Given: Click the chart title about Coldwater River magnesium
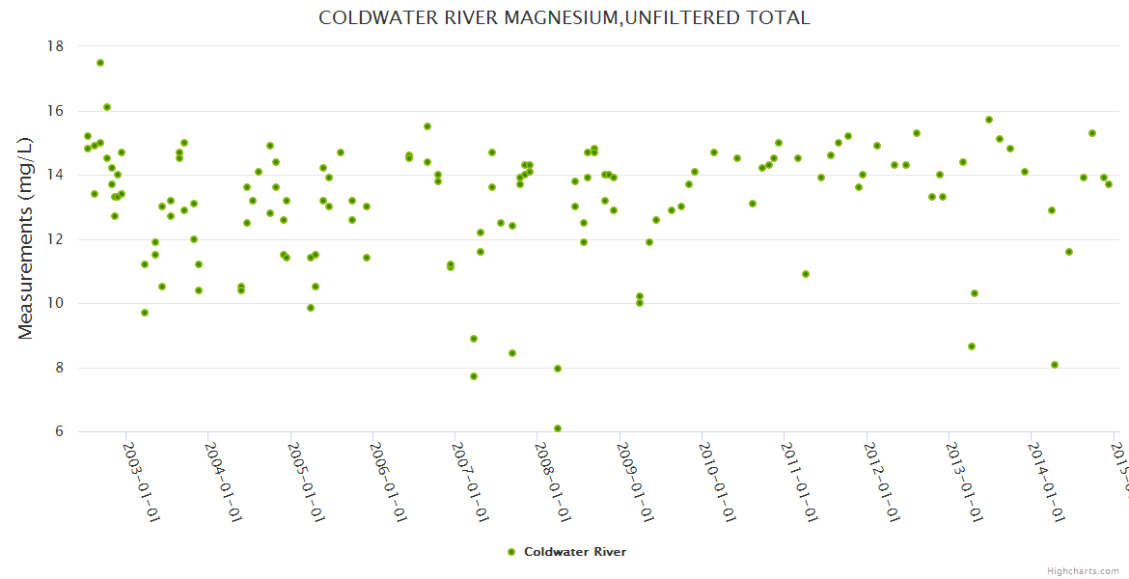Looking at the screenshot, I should click(564, 17).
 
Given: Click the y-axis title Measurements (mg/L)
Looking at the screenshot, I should click(26, 237).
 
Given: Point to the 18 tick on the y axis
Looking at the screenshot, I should click(55, 46).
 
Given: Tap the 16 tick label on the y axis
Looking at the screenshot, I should click(55, 111).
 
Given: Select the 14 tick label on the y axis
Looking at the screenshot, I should click(55, 175).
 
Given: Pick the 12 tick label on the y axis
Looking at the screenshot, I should click(55, 239).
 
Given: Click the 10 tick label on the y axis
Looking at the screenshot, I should click(55, 303).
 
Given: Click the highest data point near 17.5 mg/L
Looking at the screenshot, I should click(100, 63).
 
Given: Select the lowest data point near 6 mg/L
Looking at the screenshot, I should click(558, 428).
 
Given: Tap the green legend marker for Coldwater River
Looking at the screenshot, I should click(511, 552).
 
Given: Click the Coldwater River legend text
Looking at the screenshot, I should click(575, 552).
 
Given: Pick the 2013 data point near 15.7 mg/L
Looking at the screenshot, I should click(989, 120).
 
